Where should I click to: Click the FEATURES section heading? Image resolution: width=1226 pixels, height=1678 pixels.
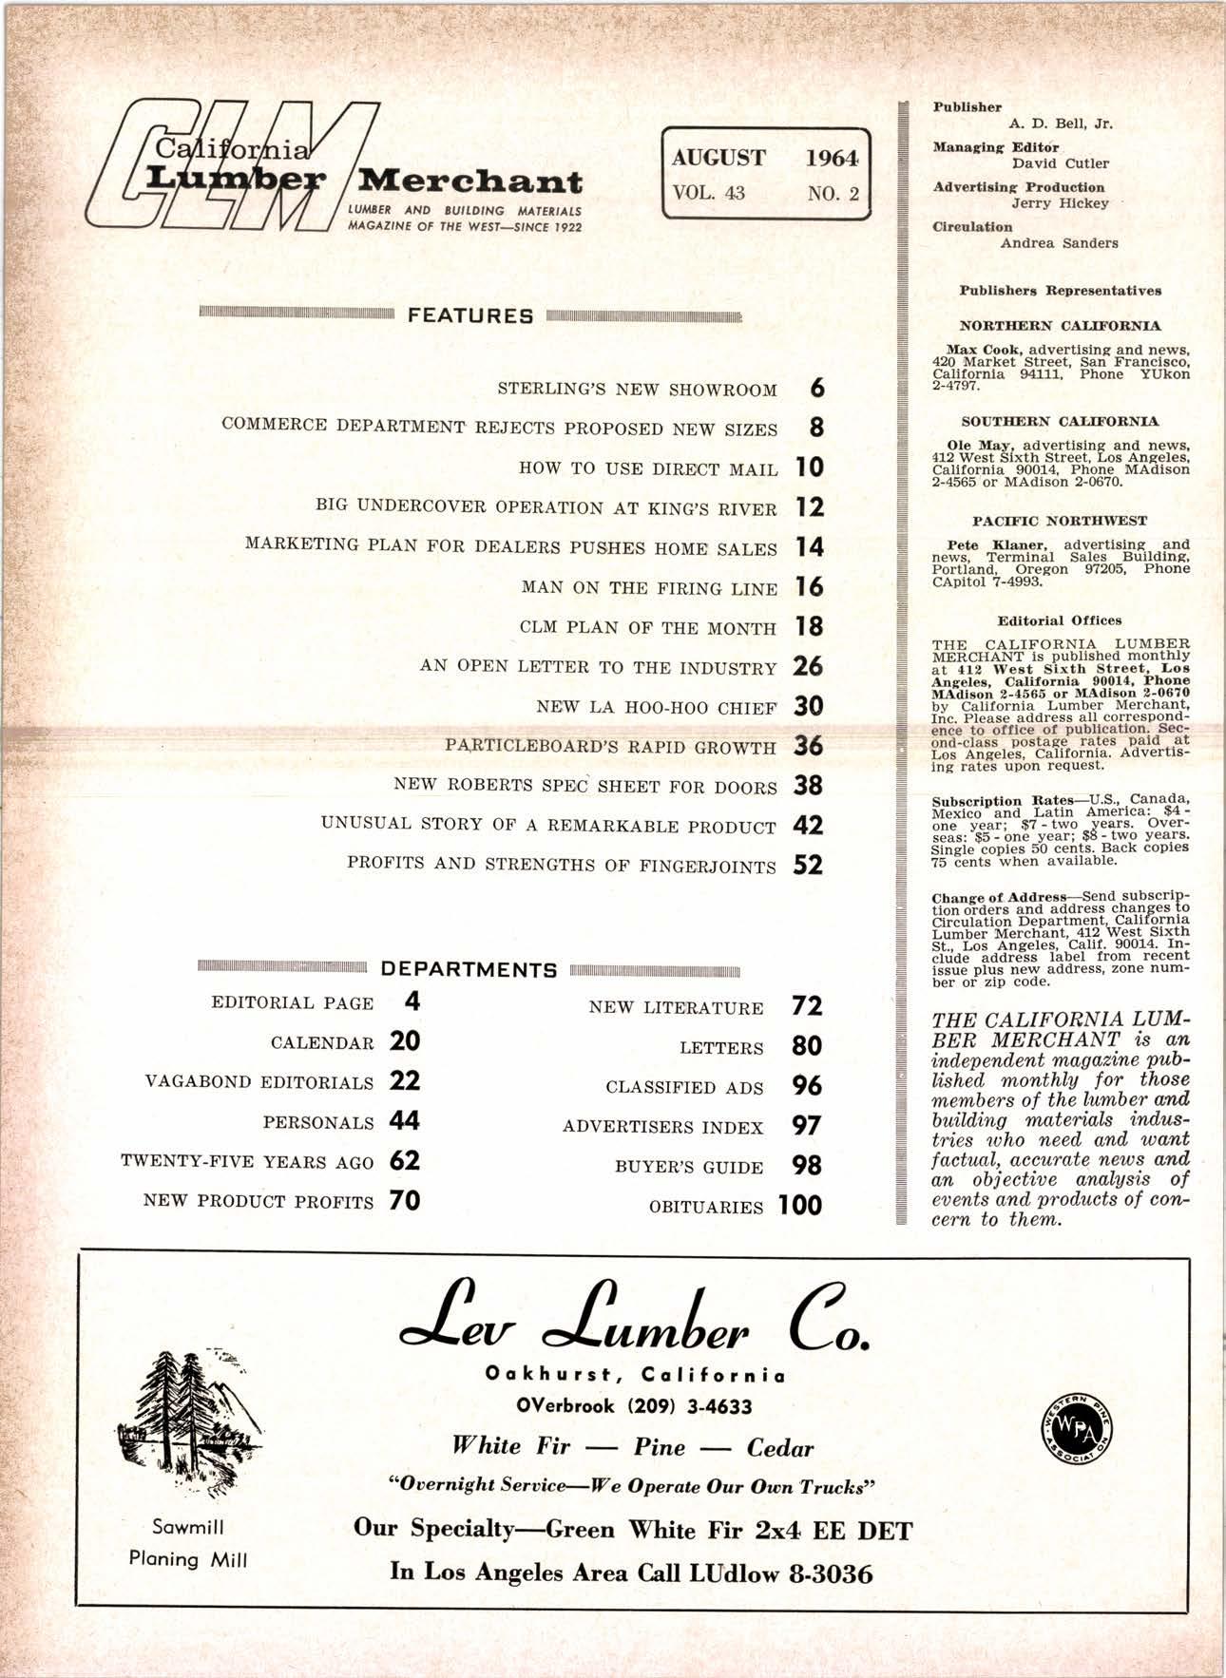coord(470,316)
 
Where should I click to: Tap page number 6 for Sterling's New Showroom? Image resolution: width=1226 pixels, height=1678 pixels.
coord(816,388)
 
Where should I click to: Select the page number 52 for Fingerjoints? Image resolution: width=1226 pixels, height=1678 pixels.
coord(808,865)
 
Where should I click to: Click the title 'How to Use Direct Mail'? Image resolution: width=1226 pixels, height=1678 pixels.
coord(648,468)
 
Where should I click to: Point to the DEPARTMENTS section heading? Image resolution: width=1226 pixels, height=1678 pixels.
coord(469,970)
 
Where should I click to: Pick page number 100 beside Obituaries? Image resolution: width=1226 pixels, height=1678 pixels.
coord(799,1205)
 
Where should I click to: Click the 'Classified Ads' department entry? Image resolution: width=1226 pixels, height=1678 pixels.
coord(684,1088)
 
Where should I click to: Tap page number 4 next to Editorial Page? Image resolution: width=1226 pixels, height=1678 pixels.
coord(412,1001)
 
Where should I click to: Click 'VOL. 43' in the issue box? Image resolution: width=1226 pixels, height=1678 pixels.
coord(708,193)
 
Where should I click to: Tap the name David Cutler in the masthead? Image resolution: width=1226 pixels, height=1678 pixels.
coord(1060,163)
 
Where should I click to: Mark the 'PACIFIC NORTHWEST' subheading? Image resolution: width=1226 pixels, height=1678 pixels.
coord(1060,521)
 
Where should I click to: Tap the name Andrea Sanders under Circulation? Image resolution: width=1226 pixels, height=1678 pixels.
coord(1059,242)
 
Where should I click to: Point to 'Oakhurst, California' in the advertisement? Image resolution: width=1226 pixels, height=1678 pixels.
coord(635,1375)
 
